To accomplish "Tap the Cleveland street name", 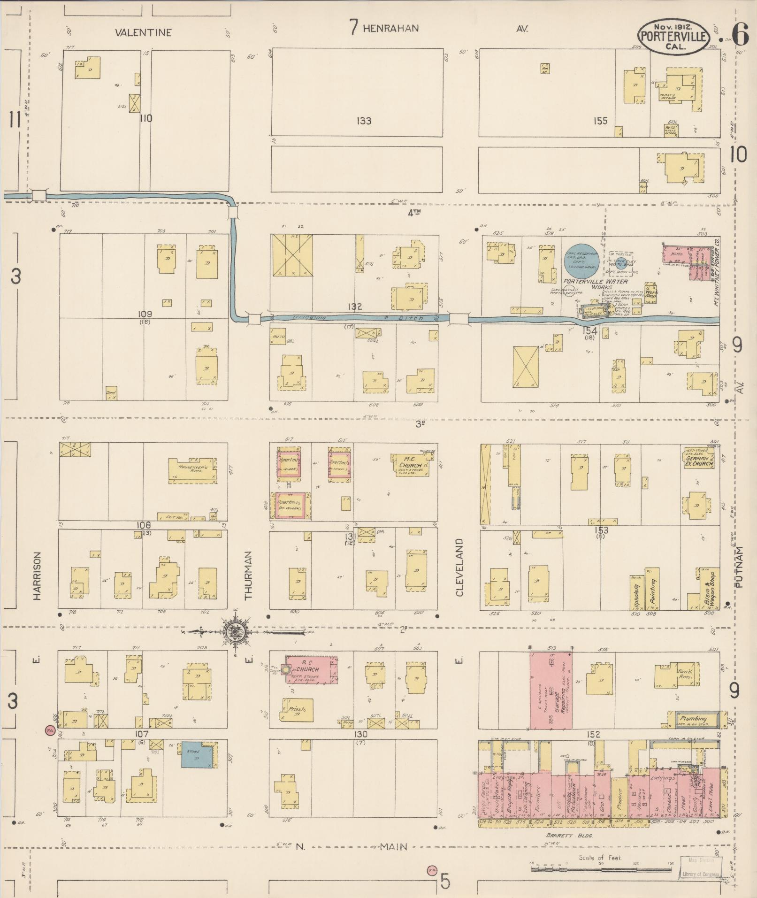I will coord(459,567).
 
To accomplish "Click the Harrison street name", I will coord(37,575).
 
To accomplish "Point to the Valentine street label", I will coord(144,32).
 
